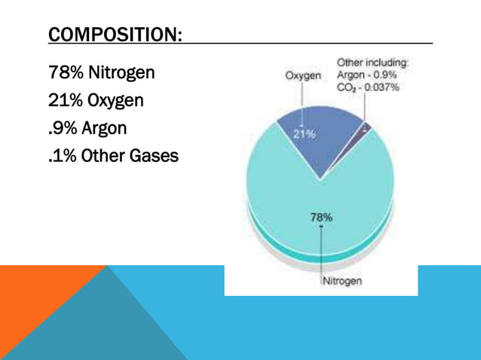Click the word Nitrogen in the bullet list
tap(121, 73)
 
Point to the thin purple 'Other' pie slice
tap(365, 128)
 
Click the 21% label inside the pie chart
tap(303, 134)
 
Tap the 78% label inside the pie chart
tap(322, 217)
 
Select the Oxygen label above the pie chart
tap(303, 75)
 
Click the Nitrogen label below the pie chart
tap(342, 282)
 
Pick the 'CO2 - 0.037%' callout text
tap(369, 87)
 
